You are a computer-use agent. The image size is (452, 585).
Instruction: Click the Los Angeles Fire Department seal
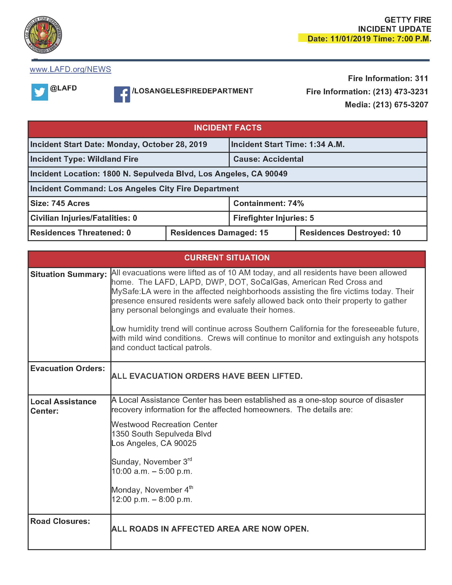[43, 35]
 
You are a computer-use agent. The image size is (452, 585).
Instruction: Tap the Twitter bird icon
[40, 92]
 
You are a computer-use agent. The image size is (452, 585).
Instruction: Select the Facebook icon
[122, 94]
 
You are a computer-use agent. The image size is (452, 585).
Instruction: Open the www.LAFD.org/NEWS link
[70, 69]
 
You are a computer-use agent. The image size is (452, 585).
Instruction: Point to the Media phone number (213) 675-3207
[400, 104]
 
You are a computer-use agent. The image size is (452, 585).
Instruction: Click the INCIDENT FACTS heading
[228, 128]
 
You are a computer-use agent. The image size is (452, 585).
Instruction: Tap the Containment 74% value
[296, 204]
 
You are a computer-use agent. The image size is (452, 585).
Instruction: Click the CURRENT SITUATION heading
[227, 258]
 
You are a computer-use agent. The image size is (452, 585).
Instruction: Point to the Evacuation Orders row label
[68, 369]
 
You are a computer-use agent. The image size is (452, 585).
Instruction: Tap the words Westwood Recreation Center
[164, 424]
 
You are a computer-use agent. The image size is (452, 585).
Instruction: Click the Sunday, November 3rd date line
[151, 462]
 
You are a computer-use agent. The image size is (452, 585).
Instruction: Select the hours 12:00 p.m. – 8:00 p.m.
[152, 499]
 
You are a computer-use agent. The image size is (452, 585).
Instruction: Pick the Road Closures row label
[60, 521]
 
